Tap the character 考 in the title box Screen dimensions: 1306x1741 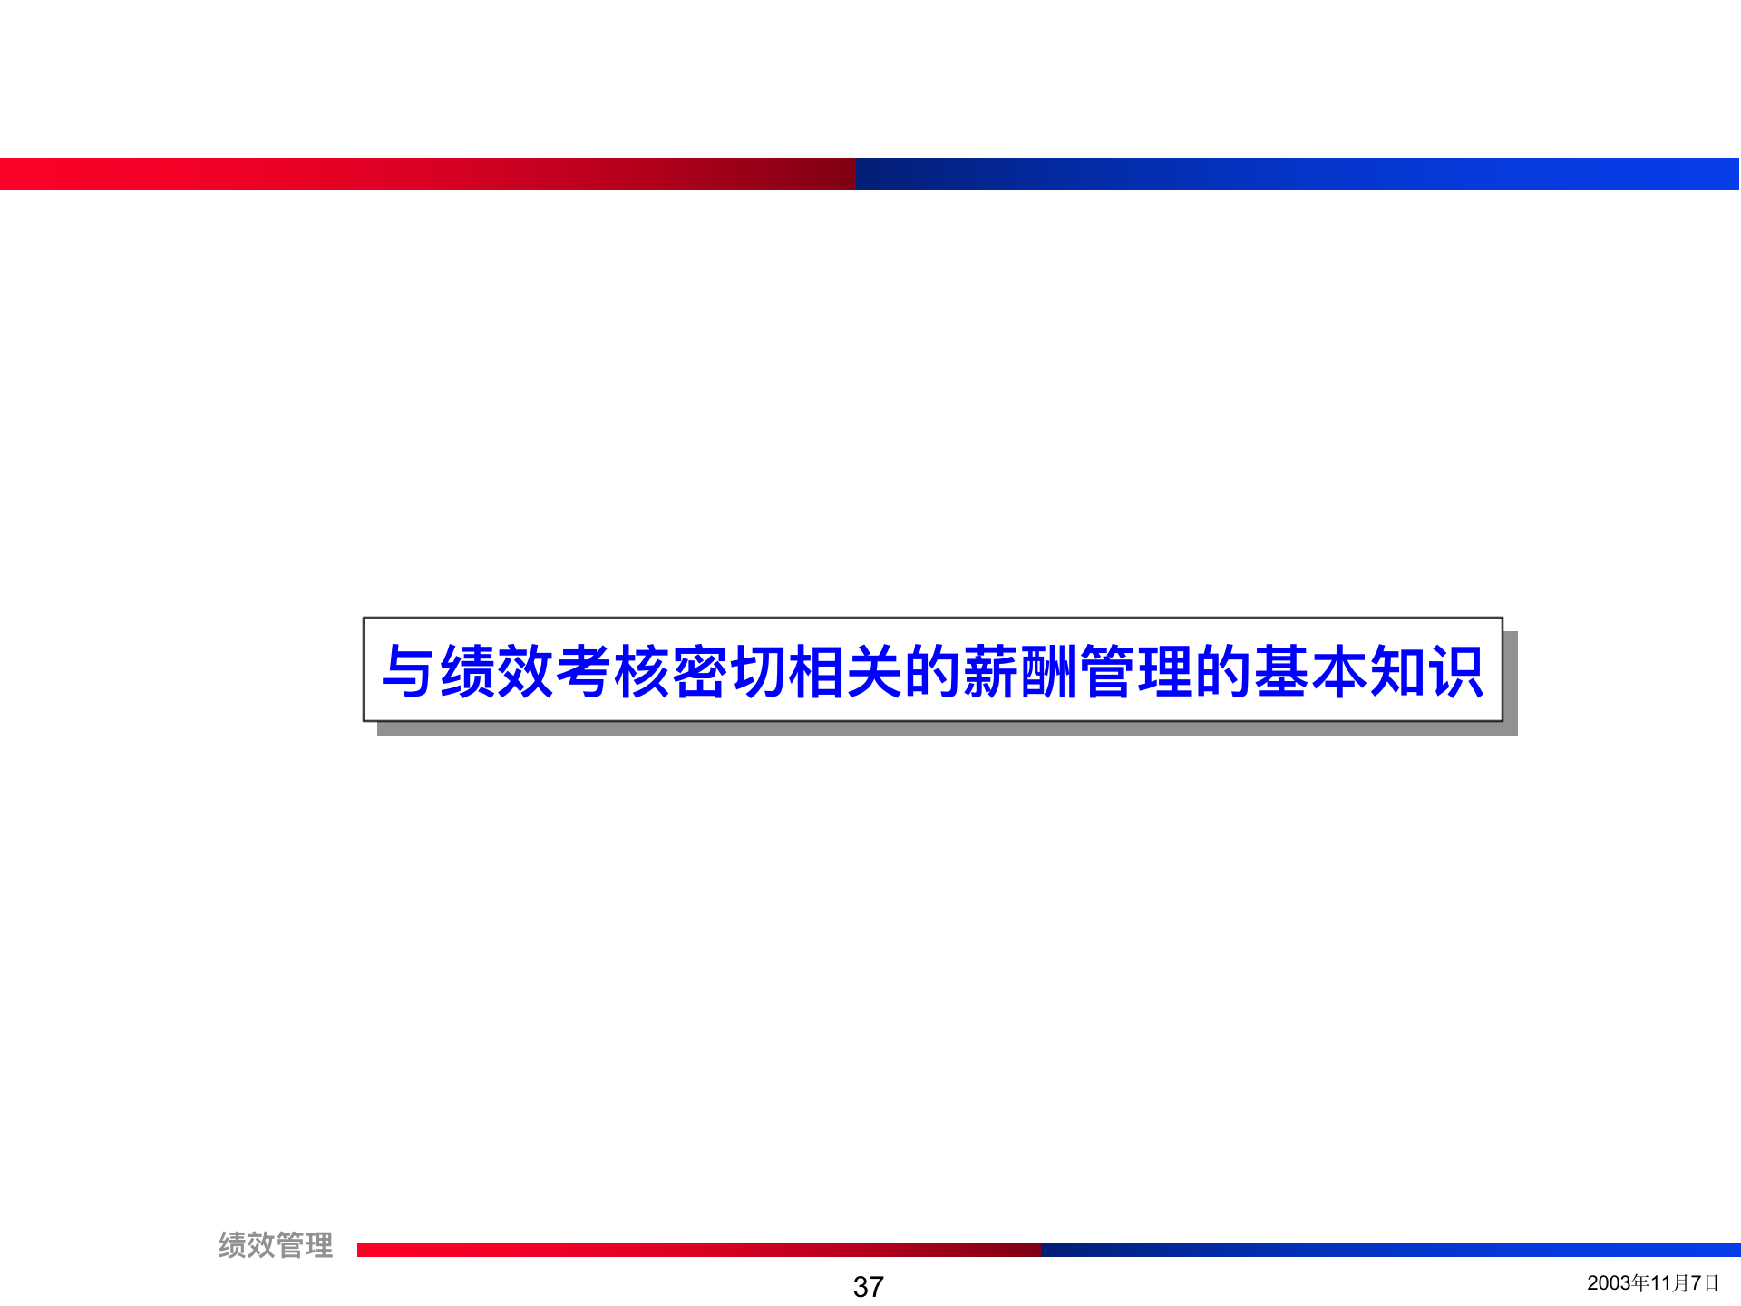tap(583, 672)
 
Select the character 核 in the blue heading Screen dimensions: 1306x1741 tap(641, 672)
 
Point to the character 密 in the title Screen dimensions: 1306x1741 tap(699, 672)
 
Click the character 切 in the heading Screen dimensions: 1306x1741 tap(757, 672)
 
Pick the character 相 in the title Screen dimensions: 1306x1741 tap(815, 672)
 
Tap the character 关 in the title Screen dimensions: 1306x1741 tap(873, 672)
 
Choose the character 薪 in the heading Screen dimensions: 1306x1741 tap(990, 672)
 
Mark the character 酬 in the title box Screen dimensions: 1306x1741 tap(1048, 672)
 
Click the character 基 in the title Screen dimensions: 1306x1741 tap(1280, 672)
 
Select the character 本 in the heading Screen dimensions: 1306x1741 tap(1338, 672)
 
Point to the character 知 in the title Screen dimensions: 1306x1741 tap(1396, 672)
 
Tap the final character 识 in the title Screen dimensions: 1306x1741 tap(1455, 672)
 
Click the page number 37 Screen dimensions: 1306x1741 tap(868, 1286)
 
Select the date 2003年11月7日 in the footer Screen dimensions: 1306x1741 tap(1652, 1282)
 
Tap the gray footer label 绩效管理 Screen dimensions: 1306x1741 tap(276, 1245)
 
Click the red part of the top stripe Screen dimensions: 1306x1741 tap(426, 174)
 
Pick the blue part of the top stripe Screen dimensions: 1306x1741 tap(1297, 174)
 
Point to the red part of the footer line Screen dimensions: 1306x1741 tap(698, 1250)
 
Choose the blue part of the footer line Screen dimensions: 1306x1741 tap(1387, 1250)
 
